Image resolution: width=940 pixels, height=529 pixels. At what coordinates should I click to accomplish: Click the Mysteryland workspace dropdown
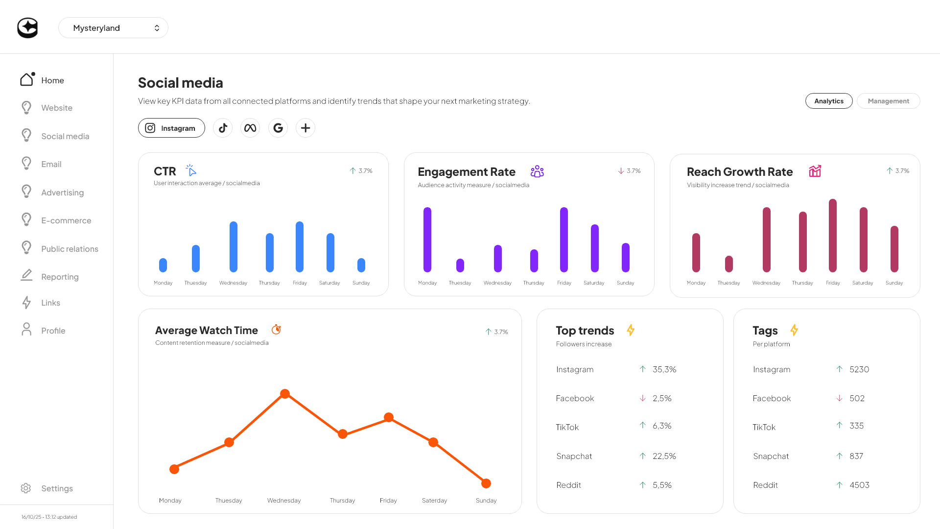point(113,28)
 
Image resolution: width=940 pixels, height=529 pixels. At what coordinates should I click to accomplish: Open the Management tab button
point(888,101)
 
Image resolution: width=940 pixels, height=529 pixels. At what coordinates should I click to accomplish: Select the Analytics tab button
point(828,101)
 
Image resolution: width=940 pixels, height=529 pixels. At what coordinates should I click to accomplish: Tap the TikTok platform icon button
point(223,128)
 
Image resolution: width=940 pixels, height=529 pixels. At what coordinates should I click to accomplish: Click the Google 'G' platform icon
point(278,128)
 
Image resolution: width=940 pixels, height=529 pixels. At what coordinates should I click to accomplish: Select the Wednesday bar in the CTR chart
point(234,247)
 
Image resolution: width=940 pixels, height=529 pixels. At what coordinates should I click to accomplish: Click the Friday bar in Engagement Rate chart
point(564,240)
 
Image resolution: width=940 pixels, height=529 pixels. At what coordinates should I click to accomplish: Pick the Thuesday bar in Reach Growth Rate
point(729,264)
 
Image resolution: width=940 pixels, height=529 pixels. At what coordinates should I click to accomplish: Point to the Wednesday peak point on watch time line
point(285,394)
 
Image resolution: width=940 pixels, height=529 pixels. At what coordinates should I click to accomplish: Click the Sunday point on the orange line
point(486,483)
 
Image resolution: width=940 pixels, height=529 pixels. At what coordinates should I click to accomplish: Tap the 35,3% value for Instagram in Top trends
point(664,369)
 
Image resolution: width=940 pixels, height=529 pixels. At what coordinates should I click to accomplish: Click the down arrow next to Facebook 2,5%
point(642,398)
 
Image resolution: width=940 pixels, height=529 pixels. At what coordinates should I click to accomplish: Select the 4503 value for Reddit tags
point(859,485)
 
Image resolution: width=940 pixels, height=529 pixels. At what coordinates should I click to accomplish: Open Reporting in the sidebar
point(60,277)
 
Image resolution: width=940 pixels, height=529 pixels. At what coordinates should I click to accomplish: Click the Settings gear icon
point(26,488)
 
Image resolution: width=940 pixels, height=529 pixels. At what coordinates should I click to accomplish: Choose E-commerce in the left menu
point(66,220)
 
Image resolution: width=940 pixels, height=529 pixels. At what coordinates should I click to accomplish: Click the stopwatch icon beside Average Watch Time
point(276,330)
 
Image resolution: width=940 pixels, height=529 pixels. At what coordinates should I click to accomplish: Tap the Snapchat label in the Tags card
point(771,456)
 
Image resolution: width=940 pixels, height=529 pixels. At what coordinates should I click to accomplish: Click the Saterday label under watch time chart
point(434,500)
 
